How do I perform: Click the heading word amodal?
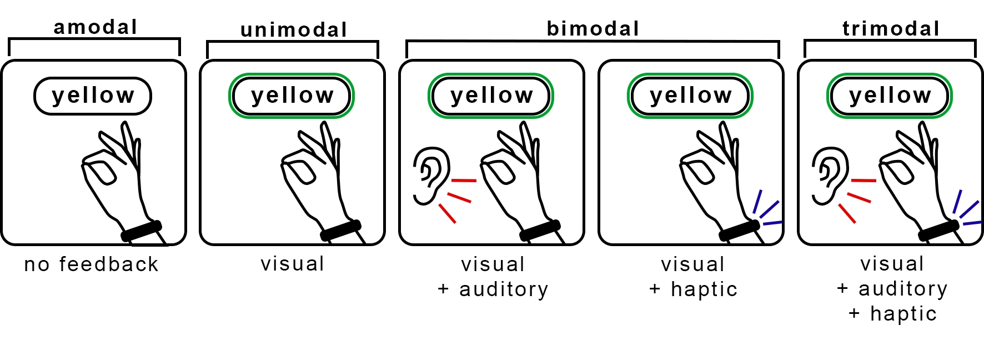[95, 27]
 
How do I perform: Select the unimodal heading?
[294, 30]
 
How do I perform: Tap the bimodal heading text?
[593, 29]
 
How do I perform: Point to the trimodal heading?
[891, 29]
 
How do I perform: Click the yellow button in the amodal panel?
[93, 96]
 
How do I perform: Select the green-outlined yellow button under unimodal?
[292, 96]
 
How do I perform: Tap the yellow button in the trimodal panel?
[890, 96]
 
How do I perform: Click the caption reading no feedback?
[92, 264]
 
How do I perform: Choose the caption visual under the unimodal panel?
[293, 264]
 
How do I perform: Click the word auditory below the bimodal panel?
[504, 289]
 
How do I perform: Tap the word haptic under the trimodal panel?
[903, 314]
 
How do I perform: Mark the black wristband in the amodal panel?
[142, 231]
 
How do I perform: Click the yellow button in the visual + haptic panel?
[690, 96]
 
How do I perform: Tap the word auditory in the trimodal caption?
[903, 289]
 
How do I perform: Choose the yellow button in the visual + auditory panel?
[491, 96]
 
